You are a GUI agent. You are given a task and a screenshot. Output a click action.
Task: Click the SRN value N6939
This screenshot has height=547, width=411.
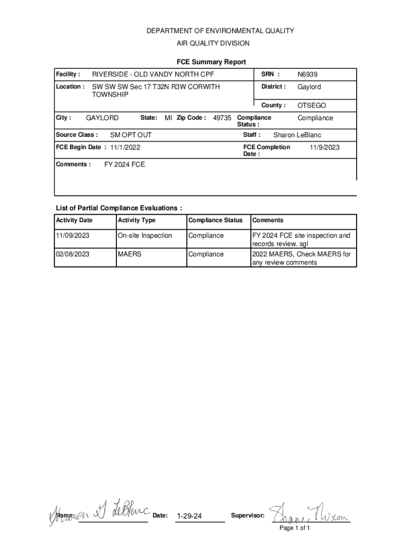coord(307,75)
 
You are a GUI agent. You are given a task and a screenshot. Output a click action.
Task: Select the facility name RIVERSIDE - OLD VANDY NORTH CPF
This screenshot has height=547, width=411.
coord(153,75)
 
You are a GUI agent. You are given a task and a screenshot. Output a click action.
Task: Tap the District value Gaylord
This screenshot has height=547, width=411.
coord(309,87)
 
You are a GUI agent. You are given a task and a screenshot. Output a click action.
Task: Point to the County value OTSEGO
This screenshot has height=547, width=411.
coord(312,106)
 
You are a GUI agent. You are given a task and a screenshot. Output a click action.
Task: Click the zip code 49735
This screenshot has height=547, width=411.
coord(222,118)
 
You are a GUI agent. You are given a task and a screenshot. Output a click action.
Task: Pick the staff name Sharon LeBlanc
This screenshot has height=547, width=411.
coord(297,136)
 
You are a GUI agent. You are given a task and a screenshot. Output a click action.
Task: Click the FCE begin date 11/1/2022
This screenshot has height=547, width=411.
coord(125,147)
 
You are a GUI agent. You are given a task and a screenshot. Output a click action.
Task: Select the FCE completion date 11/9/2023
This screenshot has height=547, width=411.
coord(325,147)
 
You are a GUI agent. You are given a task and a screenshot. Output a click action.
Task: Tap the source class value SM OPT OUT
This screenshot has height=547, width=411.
coord(131,135)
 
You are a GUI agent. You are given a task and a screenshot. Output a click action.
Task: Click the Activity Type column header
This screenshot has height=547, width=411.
coord(137,221)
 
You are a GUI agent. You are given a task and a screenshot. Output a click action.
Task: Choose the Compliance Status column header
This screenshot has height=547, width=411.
coord(215,221)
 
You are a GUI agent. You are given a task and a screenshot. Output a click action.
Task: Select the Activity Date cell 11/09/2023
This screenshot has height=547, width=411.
coord(73,236)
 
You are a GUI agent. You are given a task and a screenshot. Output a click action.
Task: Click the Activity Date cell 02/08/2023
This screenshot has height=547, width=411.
coord(73,254)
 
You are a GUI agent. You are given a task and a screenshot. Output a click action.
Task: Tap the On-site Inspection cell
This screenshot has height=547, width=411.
coord(145,236)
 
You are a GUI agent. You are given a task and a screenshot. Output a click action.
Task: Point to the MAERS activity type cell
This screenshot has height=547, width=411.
coord(130,254)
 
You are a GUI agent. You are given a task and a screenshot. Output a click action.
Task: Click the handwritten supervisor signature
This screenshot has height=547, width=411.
coord(310,514)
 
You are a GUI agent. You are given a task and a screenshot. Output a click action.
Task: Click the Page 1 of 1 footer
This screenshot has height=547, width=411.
coord(295,528)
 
